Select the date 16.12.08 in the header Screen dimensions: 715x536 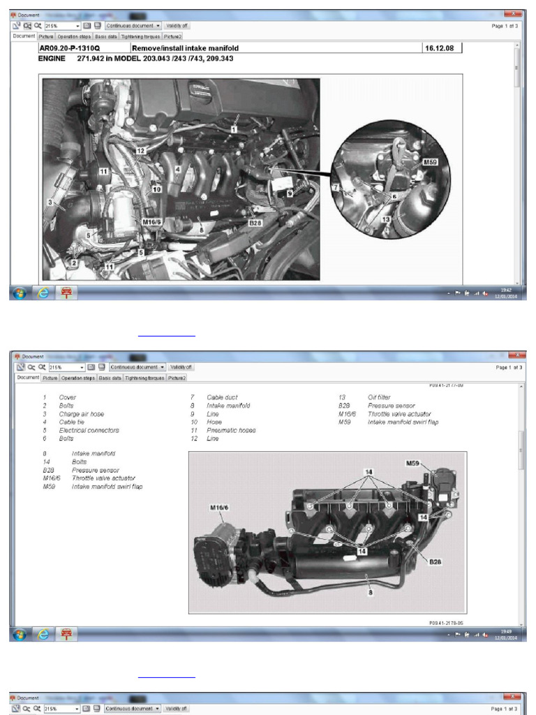click(441, 48)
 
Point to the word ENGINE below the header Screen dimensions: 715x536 click(52, 59)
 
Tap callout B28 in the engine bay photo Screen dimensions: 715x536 click(255, 223)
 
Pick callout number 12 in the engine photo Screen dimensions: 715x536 click(140, 150)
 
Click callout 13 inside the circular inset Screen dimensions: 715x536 click(385, 219)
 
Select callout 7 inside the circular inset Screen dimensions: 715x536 click(335, 187)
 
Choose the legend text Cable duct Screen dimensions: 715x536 click(222, 397)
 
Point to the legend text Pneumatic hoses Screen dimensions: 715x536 click(231, 430)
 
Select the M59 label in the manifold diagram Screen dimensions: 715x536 click(415, 462)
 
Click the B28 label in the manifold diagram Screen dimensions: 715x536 click(435, 561)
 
